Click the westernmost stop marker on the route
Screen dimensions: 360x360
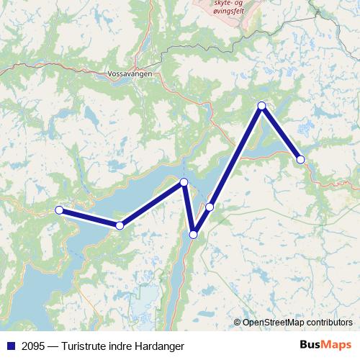[x=60, y=210]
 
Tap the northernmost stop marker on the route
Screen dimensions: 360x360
[x=262, y=106]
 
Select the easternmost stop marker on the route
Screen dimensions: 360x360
[x=300, y=159]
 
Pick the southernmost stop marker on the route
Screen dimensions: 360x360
[x=193, y=234]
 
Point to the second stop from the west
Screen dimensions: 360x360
[x=120, y=226]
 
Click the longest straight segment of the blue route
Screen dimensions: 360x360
[x=236, y=156]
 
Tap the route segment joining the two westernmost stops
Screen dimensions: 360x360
[x=90, y=218]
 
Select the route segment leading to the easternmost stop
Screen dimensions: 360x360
[x=282, y=132]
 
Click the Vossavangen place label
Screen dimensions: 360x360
[x=127, y=74]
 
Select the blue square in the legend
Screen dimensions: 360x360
[x=10, y=346]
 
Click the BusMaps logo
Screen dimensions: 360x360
[x=325, y=346]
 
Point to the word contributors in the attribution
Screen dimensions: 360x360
[x=332, y=323]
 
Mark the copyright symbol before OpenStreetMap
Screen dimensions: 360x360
[x=238, y=323]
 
